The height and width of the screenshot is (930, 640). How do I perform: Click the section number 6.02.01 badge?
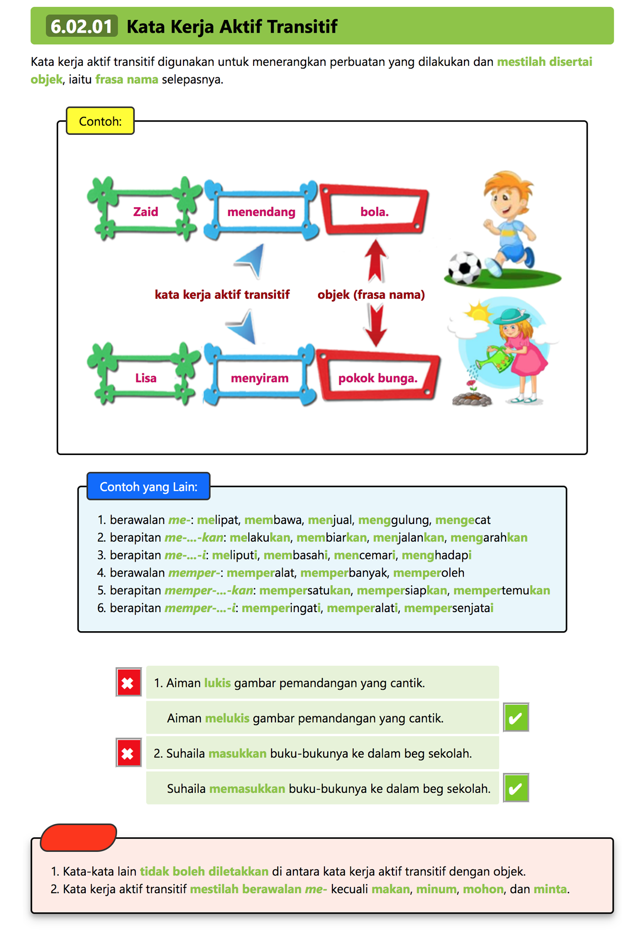point(82,26)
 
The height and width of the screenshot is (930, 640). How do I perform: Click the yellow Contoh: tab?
point(100,121)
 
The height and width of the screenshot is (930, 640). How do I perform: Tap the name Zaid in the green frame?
point(146,212)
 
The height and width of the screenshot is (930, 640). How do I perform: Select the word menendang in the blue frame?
point(261,212)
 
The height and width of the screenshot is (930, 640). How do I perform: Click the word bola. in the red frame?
point(374,212)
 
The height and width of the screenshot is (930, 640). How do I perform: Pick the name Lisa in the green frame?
point(146,378)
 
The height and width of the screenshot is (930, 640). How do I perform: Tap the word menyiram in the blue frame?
point(260,378)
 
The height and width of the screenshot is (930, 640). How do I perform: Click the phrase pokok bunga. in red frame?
point(378,378)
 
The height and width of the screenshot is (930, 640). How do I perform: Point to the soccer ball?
point(465,268)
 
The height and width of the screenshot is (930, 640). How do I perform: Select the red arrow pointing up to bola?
point(376,261)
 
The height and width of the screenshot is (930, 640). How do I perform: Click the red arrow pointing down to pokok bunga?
point(376,325)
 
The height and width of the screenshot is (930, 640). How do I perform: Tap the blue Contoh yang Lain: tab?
point(148,486)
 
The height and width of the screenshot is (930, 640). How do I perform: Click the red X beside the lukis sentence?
point(128,683)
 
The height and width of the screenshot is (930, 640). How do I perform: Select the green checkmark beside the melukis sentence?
point(516,718)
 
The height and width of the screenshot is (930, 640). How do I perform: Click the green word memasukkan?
point(247,789)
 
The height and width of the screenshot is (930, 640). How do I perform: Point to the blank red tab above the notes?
point(79,837)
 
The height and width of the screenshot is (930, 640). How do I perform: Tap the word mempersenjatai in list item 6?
point(448,608)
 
